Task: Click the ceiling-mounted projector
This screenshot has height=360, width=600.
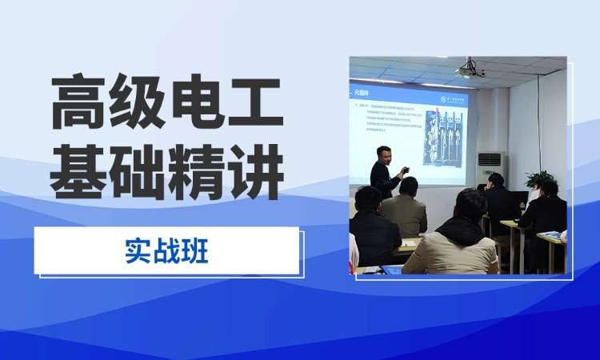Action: point(470,70)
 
